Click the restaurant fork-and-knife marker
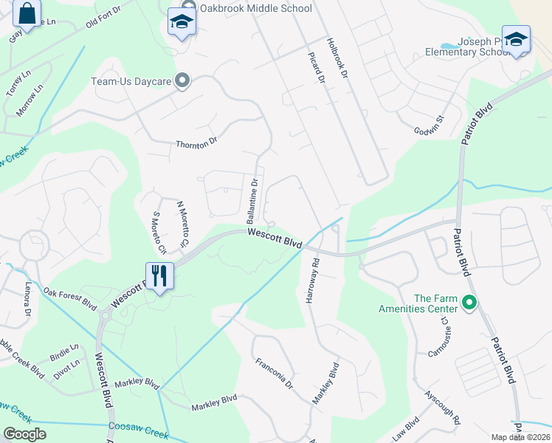(x=159, y=275)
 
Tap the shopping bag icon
(x=27, y=15)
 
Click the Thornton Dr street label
(x=197, y=142)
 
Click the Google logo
(x=24, y=434)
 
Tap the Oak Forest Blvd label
(x=70, y=298)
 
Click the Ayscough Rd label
(x=443, y=408)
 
